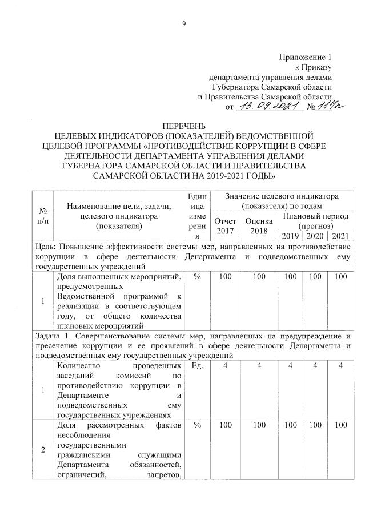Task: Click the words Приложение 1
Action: tap(304, 57)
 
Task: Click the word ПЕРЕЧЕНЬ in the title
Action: tap(183, 126)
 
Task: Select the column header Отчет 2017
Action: tap(222, 225)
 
